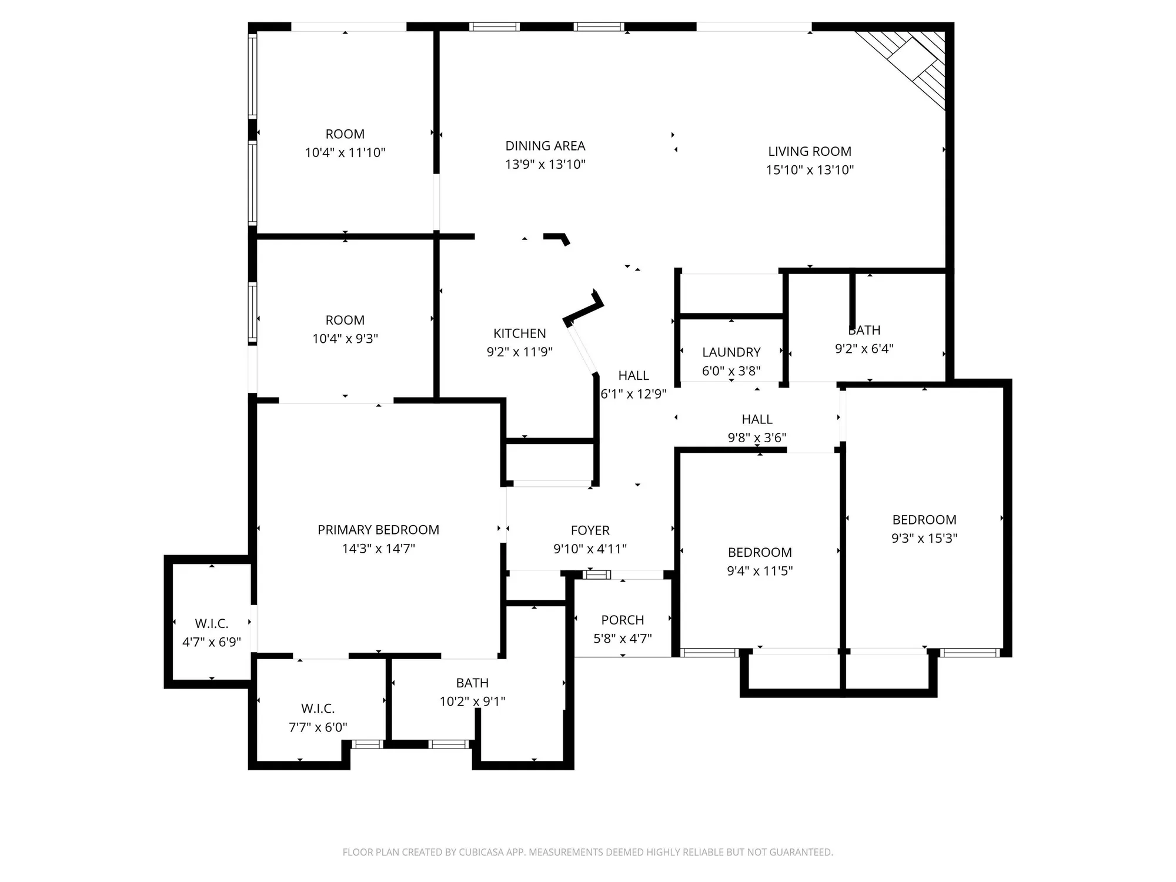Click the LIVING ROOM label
click(x=809, y=151)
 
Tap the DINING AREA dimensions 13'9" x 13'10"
click(x=545, y=165)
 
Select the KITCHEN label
click(x=519, y=333)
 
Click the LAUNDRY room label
click(x=731, y=352)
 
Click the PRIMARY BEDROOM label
click(x=378, y=530)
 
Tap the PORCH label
click(x=622, y=620)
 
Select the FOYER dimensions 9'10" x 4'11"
click(x=590, y=549)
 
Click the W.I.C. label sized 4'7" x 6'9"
click(x=211, y=623)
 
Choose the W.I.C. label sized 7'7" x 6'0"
click(x=318, y=709)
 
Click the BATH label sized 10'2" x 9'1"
click(x=472, y=683)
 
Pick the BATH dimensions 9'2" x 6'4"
click(x=864, y=349)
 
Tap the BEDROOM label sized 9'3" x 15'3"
click(x=924, y=520)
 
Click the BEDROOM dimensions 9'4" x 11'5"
click(x=760, y=571)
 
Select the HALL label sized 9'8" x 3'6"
click(x=757, y=419)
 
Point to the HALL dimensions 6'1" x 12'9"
click(x=633, y=394)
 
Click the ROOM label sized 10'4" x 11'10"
click(x=345, y=134)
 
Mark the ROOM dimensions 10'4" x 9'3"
click(x=345, y=339)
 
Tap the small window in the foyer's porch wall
click(x=597, y=574)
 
